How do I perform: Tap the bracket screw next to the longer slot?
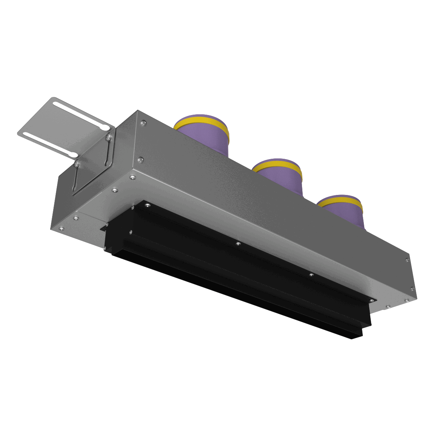click(x=108, y=137)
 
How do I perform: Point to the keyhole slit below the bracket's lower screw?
click(x=75, y=179)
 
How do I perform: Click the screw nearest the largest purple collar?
click(x=144, y=123)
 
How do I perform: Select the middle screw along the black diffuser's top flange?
click(x=238, y=244)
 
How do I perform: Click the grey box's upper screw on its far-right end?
click(x=408, y=259)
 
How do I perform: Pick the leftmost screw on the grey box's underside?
click(x=61, y=228)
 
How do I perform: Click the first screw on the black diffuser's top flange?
click(x=148, y=205)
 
